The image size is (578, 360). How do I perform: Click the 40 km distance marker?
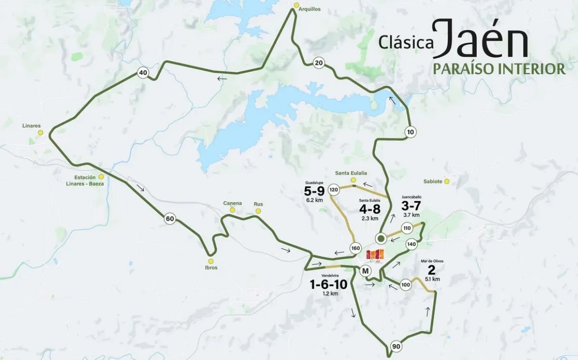point(143,73)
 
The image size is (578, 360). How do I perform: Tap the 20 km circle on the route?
point(318,63)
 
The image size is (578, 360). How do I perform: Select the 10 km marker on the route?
point(410,132)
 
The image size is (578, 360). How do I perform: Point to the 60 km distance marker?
point(170,219)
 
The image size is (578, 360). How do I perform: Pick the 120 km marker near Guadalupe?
point(333,190)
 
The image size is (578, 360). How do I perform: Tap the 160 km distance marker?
point(355,248)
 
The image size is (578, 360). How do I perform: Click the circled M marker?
point(366,271)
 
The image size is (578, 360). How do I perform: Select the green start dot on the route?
point(381,238)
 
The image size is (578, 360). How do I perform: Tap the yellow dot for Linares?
point(40,132)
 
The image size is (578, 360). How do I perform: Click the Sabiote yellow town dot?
point(447,181)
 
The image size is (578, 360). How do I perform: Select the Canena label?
point(232,203)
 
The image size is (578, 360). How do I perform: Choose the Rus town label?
point(259,204)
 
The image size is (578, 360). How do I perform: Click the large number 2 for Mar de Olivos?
point(431,270)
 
